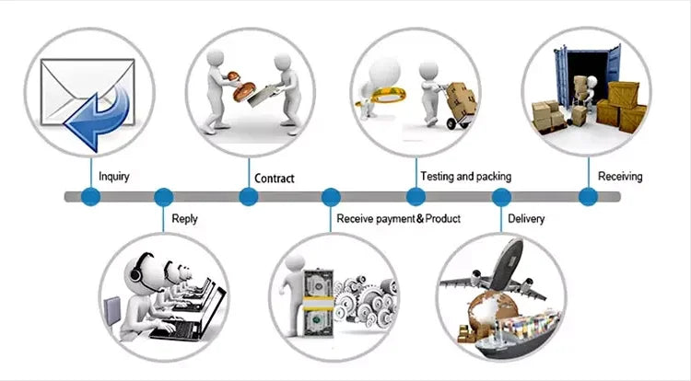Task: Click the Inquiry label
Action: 114,177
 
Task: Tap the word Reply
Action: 184,219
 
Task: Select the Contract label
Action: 274,178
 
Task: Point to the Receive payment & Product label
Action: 398,219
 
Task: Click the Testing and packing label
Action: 465,176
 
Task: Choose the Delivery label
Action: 525,219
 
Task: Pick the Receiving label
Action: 620,176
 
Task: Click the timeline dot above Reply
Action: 164,196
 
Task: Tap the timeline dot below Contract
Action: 248,196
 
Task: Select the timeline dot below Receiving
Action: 587,196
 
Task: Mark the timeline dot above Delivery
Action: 501,196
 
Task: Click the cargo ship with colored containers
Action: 516,327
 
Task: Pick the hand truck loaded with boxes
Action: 458,103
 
